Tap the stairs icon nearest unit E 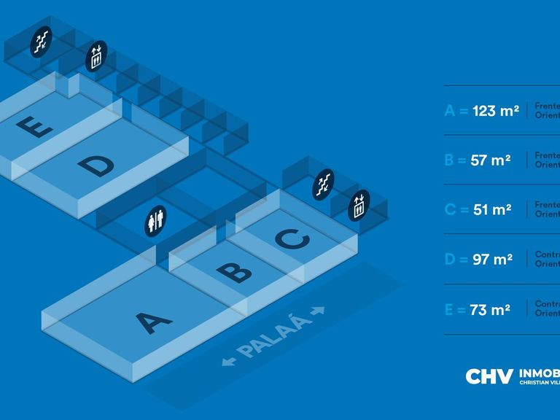42,41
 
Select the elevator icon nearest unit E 96,57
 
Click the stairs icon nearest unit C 323,184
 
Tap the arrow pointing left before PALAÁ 230,360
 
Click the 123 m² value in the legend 495,111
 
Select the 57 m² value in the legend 491,160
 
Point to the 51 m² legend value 491,210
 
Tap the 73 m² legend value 490,309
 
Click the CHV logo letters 489,376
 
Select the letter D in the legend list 450,260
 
